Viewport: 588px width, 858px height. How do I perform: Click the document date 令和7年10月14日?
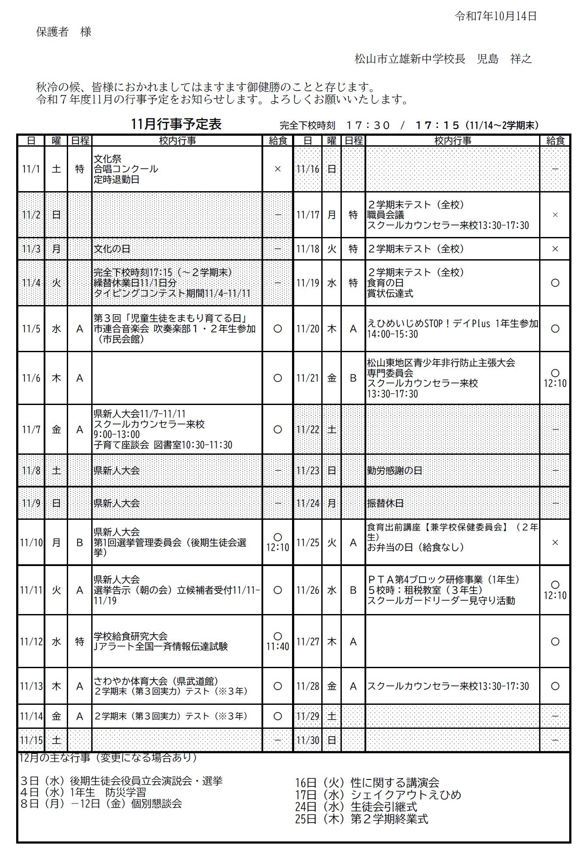coord(495,17)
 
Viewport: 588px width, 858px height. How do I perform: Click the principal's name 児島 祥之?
coord(504,59)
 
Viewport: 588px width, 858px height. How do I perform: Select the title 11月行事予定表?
coord(176,124)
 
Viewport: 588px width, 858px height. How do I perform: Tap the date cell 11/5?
coord(31,329)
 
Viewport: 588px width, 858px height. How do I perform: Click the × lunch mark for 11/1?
coord(277,169)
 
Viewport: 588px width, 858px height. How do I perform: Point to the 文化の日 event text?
coord(112,249)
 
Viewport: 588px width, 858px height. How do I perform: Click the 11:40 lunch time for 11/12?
coord(278,646)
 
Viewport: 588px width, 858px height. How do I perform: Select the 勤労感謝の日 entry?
coord(395,471)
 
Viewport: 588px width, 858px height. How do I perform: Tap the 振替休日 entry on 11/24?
coord(385,503)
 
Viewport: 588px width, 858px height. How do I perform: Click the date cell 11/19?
coord(308,283)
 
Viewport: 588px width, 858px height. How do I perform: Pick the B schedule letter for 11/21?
coord(353,378)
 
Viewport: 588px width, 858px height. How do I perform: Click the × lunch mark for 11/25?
coord(555,542)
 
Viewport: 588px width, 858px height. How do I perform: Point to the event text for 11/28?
coord(448,686)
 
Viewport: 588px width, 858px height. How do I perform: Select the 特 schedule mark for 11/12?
coord(79,642)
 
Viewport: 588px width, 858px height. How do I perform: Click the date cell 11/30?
coord(308,741)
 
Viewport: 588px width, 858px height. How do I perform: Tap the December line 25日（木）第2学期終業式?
coord(361,819)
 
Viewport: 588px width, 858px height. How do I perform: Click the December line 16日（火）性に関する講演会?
coord(367,782)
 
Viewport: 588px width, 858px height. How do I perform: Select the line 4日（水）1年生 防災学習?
coord(83,792)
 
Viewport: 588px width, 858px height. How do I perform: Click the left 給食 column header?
coord(278,141)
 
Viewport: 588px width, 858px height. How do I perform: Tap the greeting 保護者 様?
coord(64,32)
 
